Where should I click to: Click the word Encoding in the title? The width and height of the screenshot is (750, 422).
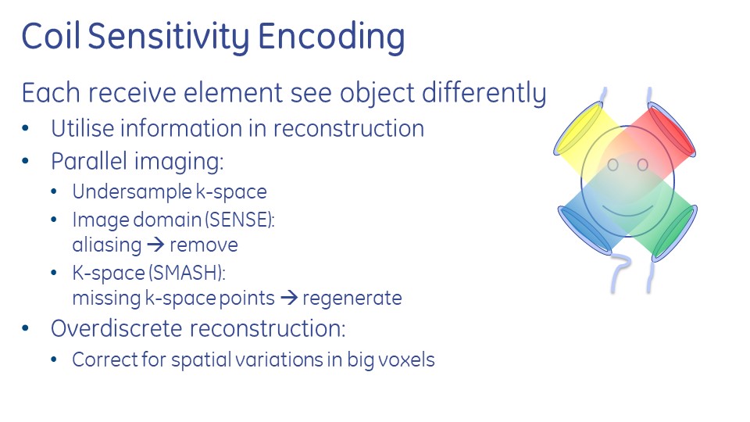331,38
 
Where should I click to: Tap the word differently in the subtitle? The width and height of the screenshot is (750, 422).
484,93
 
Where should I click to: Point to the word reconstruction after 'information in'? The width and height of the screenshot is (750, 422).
348,129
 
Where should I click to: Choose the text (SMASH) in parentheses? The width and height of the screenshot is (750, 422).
187,273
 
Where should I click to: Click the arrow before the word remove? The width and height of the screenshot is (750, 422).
156,245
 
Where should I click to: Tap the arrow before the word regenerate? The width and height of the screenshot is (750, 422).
289,298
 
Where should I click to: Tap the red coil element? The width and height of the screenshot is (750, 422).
672,129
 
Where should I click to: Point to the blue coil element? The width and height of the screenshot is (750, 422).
584,229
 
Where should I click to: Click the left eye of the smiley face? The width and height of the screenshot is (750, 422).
612,165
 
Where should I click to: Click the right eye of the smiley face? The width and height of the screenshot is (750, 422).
642,165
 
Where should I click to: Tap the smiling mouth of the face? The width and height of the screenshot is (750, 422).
627,213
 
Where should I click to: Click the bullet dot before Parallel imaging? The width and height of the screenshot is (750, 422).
25,161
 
